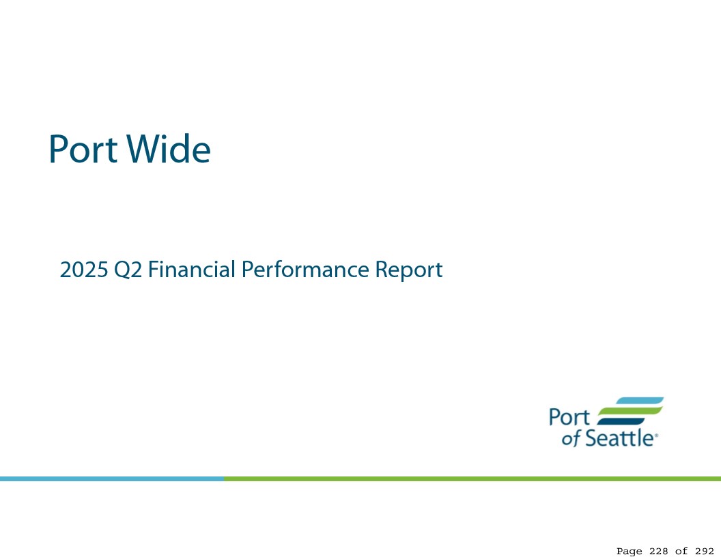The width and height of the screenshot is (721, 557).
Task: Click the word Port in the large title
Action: [x=83, y=149]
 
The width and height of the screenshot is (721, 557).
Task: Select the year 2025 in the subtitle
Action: [x=84, y=270]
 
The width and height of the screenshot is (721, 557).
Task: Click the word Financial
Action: [x=192, y=270]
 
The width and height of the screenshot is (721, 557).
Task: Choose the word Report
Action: [x=409, y=270]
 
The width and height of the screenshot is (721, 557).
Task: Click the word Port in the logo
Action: [x=569, y=417]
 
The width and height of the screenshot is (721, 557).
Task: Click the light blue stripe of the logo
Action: [x=640, y=401]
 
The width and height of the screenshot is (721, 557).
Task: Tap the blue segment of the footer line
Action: [x=112, y=479]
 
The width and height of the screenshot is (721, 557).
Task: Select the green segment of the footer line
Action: [x=472, y=479]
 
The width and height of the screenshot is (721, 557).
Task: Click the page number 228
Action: [x=658, y=551]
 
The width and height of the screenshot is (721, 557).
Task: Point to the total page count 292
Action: [x=705, y=551]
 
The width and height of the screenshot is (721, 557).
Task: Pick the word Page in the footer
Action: [x=630, y=552]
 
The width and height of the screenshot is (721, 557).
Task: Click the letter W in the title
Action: [x=141, y=149]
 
